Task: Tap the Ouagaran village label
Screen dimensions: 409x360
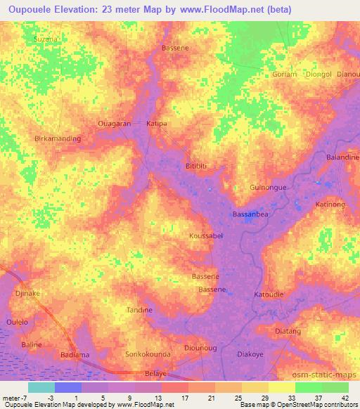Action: click(114, 123)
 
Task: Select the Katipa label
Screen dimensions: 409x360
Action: click(156, 123)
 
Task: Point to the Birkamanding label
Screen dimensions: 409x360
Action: click(58, 138)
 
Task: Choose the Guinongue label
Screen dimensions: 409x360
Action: click(269, 188)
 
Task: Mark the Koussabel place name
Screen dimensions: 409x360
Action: click(206, 236)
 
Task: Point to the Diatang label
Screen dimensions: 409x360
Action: click(288, 331)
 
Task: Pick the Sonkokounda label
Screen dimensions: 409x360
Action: click(147, 354)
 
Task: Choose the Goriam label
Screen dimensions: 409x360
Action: click(285, 74)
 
